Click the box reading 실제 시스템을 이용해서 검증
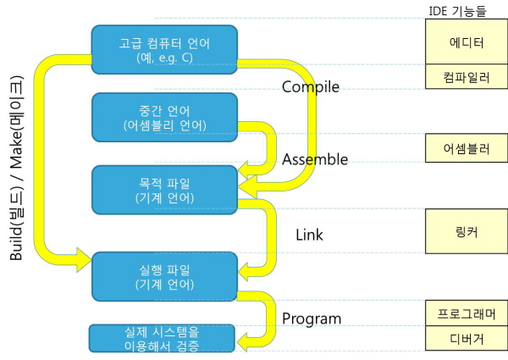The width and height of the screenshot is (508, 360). coord(161,338)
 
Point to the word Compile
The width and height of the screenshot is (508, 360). coord(310,87)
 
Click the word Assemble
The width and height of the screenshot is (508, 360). coord(315,159)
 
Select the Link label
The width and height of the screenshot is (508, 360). coord(309,234)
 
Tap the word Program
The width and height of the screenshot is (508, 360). coord(312,318)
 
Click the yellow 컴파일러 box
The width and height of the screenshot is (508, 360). coord(466,76)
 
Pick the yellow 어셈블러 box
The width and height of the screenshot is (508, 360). coord(466,148)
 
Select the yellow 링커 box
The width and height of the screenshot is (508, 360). coord(466,231)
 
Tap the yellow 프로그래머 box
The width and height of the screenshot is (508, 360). coord(466,312)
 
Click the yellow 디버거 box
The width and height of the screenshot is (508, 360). coord(466,340)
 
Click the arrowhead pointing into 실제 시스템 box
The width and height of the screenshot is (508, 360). coord(245,341)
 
